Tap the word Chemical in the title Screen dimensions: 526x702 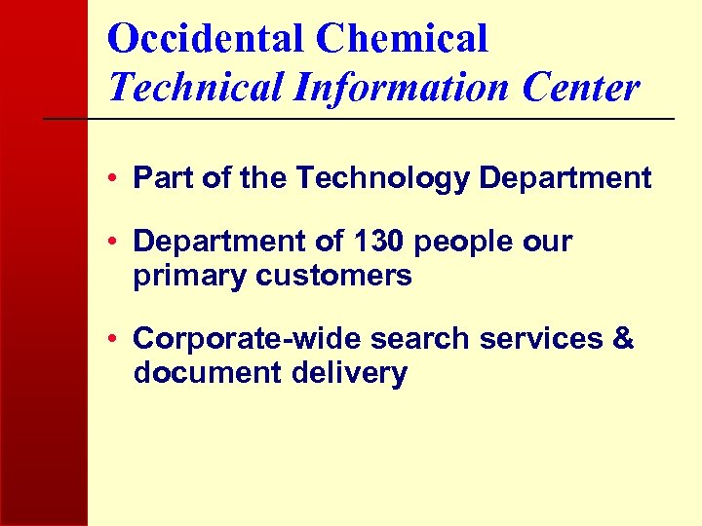click(x=402, y=39)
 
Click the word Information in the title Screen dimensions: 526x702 click(x=400, y=87)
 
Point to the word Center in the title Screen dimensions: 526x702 click(x=581, y=87)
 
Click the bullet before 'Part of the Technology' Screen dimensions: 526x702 click(x=115, y=179)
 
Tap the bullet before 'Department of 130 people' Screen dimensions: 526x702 click(x=115, y=242)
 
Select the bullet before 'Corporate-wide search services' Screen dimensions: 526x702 click(x=115, y=340)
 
